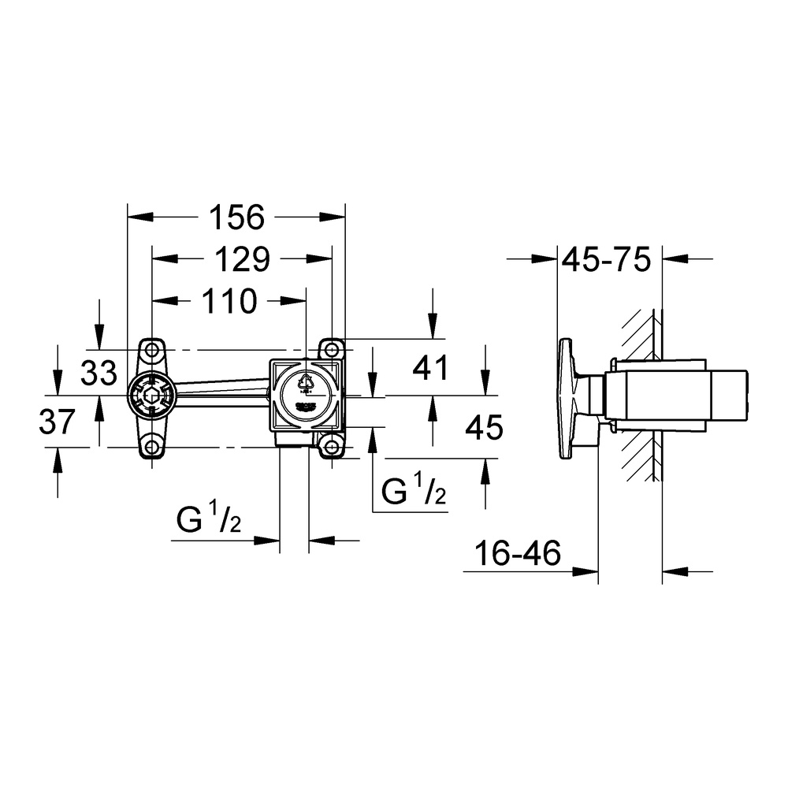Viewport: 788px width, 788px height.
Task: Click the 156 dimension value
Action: pos(236,217)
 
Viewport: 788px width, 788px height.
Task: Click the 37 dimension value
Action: pos(58,422)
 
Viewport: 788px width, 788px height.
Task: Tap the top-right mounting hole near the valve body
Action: pos(332,349)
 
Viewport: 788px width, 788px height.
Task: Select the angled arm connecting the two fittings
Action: pos(221,388)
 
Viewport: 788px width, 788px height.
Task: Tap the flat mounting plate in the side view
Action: pos(566,398)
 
